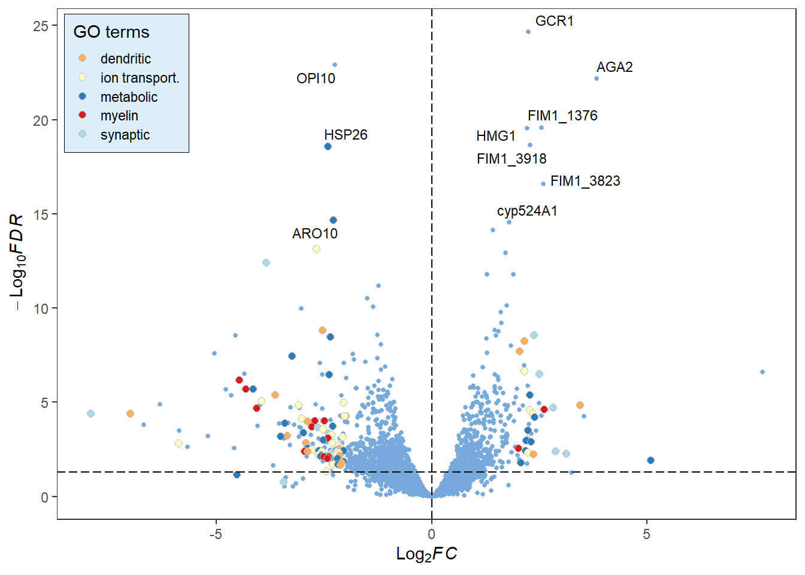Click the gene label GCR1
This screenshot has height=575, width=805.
click(554, 21)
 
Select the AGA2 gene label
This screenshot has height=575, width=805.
click(615, 67)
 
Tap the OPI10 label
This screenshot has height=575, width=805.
click(316, 78)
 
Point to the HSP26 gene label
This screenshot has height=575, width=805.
click(346, 135)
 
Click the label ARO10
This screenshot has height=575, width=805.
click(314, 234)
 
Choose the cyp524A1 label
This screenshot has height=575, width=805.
click(527, 211)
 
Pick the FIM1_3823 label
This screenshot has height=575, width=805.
click(585, 181)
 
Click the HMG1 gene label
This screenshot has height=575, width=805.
click(496, 136)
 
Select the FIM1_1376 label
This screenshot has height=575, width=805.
click(562, 116)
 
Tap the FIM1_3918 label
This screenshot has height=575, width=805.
click(512, 159)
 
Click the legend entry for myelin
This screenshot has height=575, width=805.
click(119, 116)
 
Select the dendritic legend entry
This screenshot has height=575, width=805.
click(125, 59)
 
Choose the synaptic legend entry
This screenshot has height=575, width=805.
click(125, 135)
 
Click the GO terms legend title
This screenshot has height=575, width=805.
click(111, 32)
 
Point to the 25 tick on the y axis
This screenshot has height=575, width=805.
click(41, 26)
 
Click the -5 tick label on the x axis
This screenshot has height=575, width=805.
click(216, 534)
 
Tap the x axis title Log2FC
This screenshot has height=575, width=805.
click(426, 554)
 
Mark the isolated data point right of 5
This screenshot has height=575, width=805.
click(762, 372)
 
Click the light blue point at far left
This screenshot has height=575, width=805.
click(90, 414)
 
